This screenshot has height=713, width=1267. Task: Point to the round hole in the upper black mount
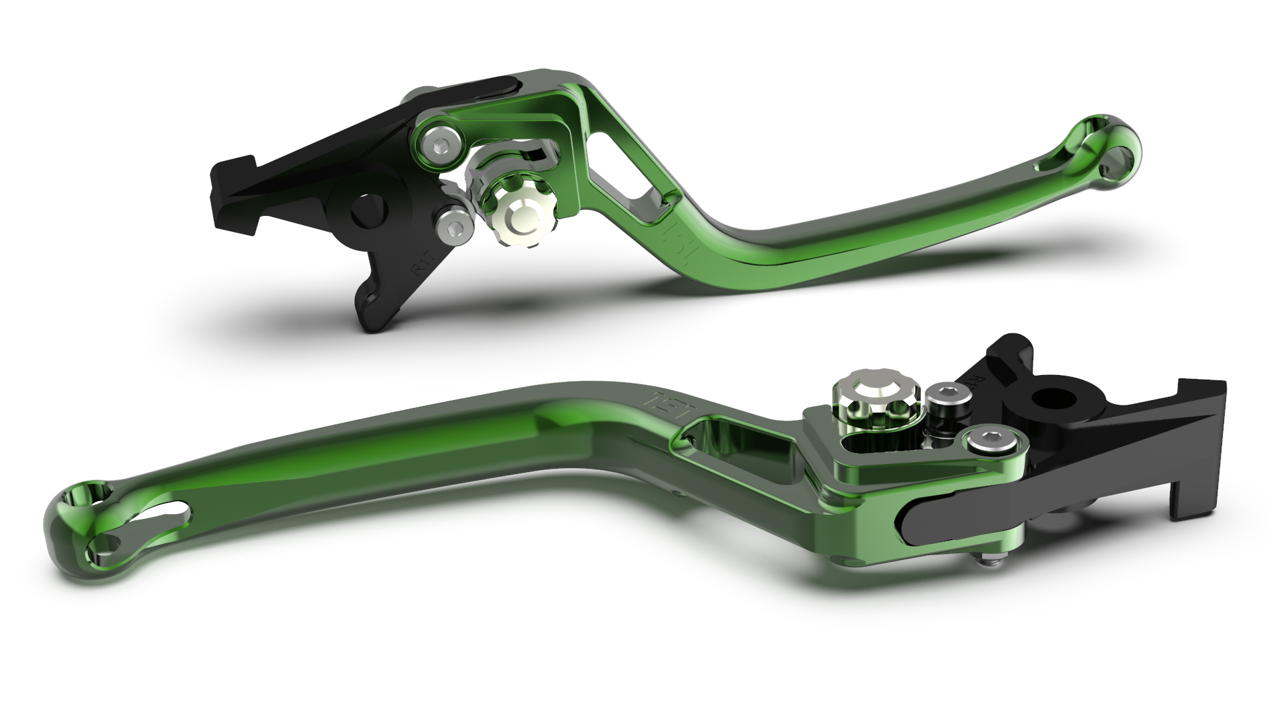pos(367,210)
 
